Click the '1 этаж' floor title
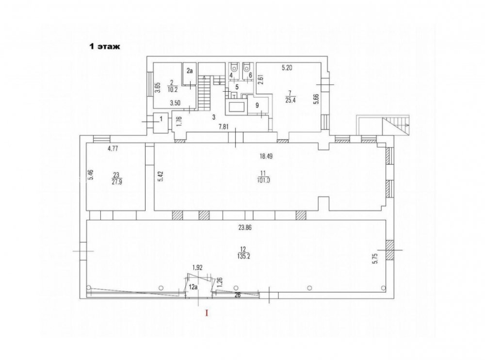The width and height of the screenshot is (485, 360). [x=104, y=47]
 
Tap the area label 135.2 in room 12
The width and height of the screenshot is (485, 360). [x=242, y=257]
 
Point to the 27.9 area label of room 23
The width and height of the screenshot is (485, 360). [x=117, y=182]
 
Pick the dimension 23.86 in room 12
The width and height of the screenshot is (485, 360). [x=244, y=228]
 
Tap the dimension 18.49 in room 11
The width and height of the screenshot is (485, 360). [x=266, y=156]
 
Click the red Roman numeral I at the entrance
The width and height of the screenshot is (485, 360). [x=207, y=313]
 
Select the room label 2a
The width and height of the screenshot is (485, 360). [x=190, y=71]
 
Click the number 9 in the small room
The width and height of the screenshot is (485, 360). [x=257, y=105]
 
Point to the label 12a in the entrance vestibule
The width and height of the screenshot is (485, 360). [x=194, y=287]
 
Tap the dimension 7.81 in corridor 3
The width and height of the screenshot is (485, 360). [x=223, y=126]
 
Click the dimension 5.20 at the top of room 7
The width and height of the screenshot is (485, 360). [x=287, y=68]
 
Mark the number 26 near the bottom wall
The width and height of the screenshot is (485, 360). [x=238, y=295]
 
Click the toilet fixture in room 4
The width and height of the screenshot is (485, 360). [x=234, y=67]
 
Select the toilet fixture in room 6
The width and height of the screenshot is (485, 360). [x=246, y=67]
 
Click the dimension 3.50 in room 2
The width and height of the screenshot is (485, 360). [x=175, y=103]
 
